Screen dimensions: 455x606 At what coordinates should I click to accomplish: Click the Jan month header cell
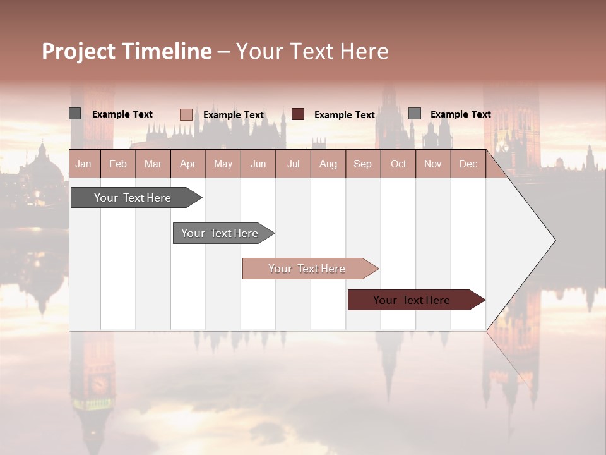coord(83,164)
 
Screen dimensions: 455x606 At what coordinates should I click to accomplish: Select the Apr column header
coord(187,164)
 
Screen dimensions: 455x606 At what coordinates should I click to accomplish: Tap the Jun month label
coord(258,164)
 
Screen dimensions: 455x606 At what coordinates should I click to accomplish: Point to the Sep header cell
coord(362,164)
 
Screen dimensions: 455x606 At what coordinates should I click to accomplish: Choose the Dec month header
coord(468,164)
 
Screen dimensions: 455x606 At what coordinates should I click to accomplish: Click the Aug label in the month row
coord(328,164)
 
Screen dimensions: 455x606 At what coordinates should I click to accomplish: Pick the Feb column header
coord(118,164)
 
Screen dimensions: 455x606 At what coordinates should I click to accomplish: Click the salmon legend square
coord(186,114)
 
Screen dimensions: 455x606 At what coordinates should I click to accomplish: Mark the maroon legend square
coord(298,114)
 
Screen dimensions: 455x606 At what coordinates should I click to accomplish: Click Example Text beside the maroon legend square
coord(344,115)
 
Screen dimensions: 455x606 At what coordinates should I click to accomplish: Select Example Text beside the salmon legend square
coord(233,115)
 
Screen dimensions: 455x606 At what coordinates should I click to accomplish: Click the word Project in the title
coord(79,51)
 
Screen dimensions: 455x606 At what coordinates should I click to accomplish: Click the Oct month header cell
coord(398,164)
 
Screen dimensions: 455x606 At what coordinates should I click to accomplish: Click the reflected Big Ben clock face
coord(99,384)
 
